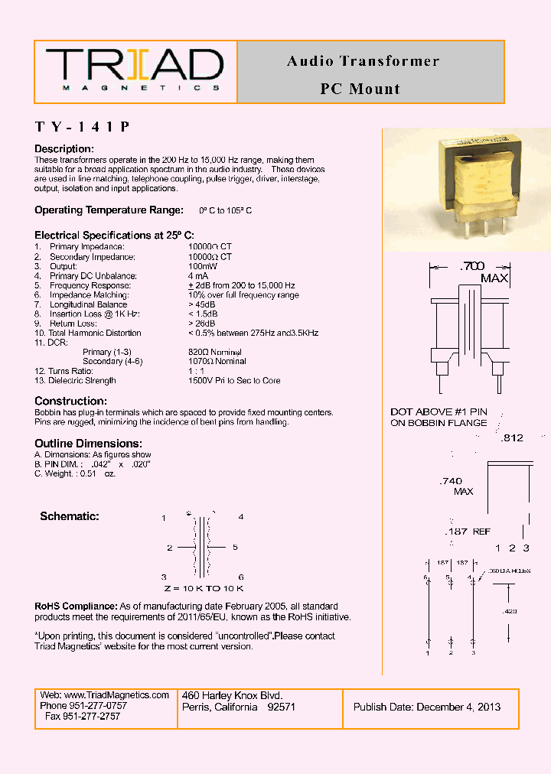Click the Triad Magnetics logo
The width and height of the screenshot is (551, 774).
click(135, 70)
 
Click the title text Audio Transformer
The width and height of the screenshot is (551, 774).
click(363, 61)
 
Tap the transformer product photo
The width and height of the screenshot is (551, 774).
click(466, 190)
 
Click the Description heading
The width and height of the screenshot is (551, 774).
click(64, 148)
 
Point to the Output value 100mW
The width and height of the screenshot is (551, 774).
click(202, 266)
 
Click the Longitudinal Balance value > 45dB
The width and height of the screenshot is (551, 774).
click(205, 304)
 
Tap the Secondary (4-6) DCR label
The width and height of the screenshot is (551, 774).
click(112, 361)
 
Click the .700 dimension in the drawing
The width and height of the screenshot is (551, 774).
click(471, 266)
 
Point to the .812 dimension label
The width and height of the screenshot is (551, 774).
click(511, 438)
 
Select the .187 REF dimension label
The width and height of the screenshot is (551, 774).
click(468, 532)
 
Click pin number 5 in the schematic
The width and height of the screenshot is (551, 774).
click(236, 548)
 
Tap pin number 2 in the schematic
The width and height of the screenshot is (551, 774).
click(169, 548)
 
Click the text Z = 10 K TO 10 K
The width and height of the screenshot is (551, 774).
click(203, 588)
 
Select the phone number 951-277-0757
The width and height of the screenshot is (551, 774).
click(94, 705)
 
